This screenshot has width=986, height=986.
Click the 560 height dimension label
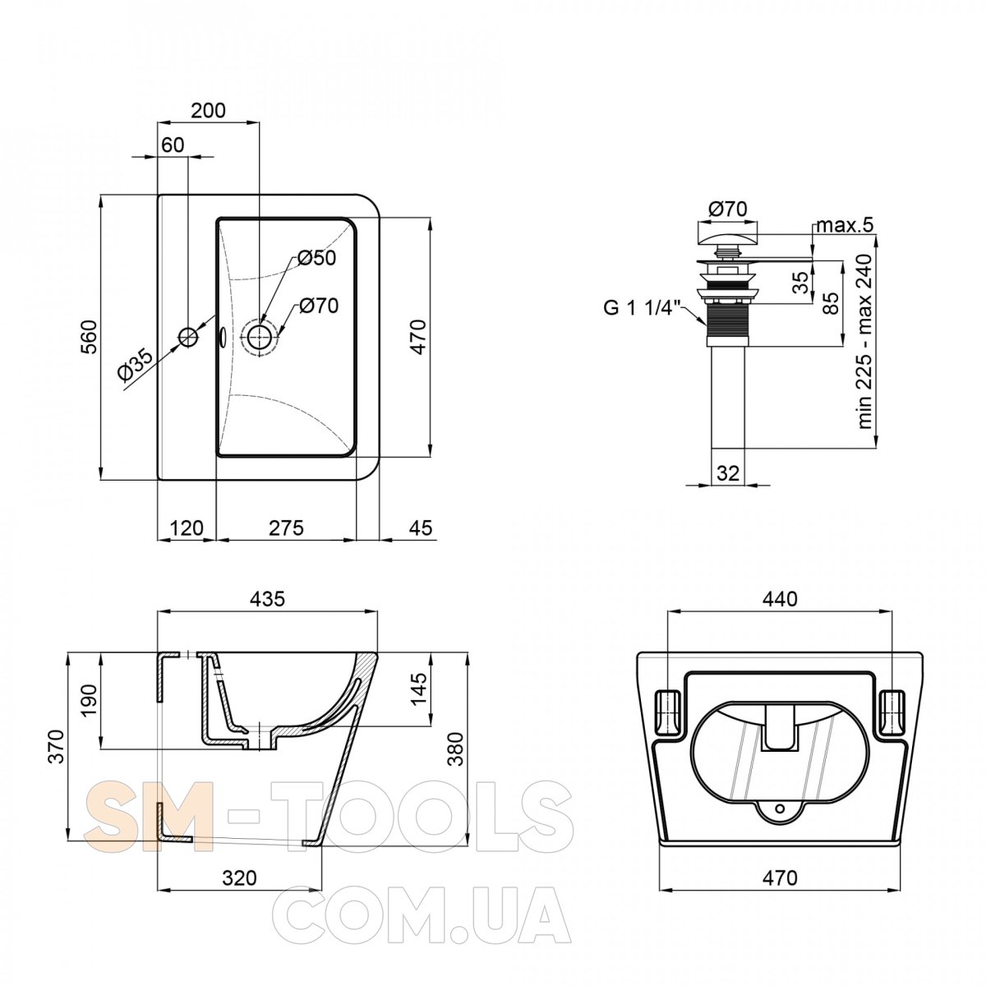tap(89, 337)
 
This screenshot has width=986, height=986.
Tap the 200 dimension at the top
tap(208, 111)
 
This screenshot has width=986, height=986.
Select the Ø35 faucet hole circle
tap(188, 336)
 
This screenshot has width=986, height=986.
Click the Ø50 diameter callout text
tap(317, 258)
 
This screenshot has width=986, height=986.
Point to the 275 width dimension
tap(286, 528)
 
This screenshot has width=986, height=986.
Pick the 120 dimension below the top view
tap(187, 528)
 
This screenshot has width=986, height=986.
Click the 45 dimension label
tap(422, 528)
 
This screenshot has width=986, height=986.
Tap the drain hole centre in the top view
tap(260, 337)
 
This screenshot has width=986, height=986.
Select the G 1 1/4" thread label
tap(643, 308)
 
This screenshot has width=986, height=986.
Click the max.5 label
tap(845, 224)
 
